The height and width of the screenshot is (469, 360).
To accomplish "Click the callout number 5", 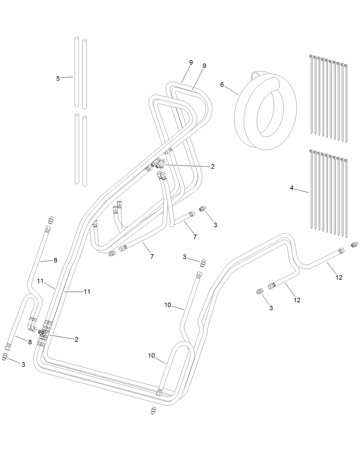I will [x=58, y=78].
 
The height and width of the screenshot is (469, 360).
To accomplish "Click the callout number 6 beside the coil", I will [x=222, y=84].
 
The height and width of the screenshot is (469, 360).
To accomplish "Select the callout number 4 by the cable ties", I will [x=292, y=188].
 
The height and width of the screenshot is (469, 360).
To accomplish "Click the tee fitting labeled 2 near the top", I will [x=159, y=164].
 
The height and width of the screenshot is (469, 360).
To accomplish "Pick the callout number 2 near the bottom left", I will [x=76, y=340].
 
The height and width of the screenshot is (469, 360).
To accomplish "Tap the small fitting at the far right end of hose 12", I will [x=354, y=244].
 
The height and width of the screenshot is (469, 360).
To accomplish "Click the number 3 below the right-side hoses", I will [x=271, y=308].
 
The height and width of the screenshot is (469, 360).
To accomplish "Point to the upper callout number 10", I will [x=168, y=305].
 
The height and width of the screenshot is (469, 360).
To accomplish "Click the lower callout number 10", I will [x=151, y=356].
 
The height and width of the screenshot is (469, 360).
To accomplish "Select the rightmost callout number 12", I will [x=339, y=277].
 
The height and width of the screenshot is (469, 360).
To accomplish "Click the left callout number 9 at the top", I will [x=191, y=62].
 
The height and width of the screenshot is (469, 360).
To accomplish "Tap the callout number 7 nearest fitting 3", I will [x=195, y=237].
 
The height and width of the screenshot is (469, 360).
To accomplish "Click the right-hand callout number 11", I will [x=87, y=291].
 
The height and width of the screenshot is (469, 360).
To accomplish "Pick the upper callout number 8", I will [x=56, y=260].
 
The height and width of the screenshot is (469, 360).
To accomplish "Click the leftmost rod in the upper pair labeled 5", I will [x=77, y=72].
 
